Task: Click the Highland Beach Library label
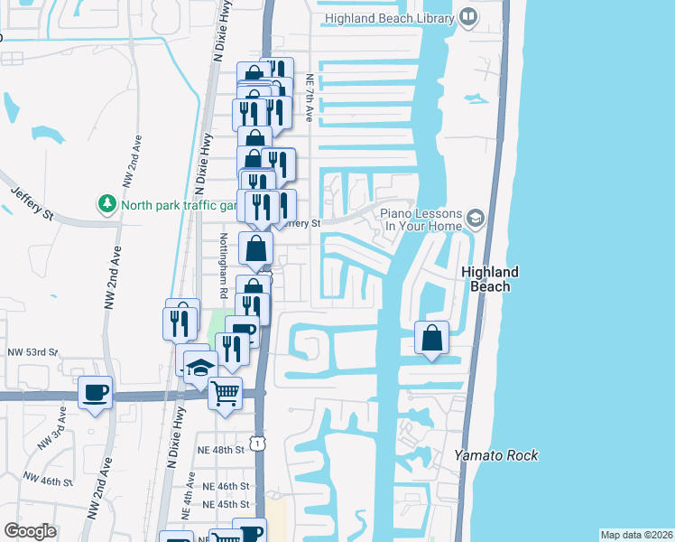point(389,15)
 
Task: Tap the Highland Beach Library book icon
point(468,15)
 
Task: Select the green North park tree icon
point(107,203)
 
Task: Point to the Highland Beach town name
point(490,279)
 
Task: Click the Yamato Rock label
point(496,455)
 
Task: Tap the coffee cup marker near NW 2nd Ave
point(95,393)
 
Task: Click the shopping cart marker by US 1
point(225,394)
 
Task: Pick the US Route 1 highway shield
point(259,442)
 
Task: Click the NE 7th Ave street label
point(310,98)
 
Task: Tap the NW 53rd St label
point(32,351)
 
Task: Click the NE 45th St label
point(225,504)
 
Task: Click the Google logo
point(30,531)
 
